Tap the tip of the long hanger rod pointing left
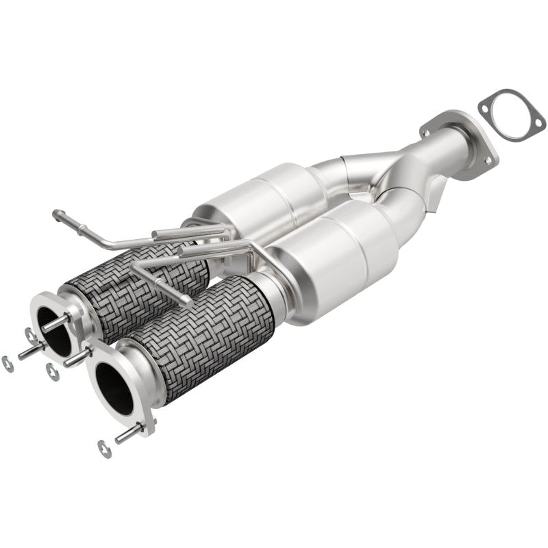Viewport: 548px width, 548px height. [56, 214]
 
